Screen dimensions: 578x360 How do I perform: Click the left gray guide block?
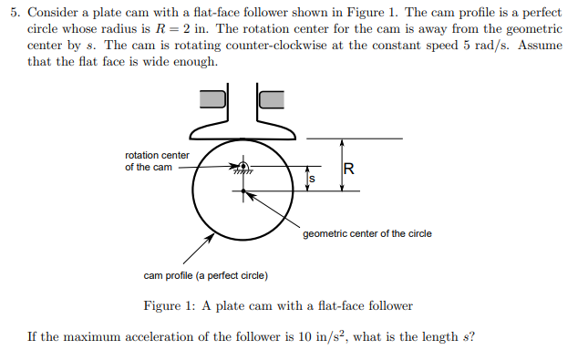[212, 98]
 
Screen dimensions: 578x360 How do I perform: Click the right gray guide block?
[272, 98]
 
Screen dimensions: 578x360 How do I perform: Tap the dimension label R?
[348, 168]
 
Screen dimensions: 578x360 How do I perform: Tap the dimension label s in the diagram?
[312, 179]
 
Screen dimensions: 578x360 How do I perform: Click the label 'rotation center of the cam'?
[157, 161]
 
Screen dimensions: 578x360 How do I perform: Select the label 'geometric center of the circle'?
[366, 234]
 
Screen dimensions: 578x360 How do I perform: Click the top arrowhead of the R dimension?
[342, 142]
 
